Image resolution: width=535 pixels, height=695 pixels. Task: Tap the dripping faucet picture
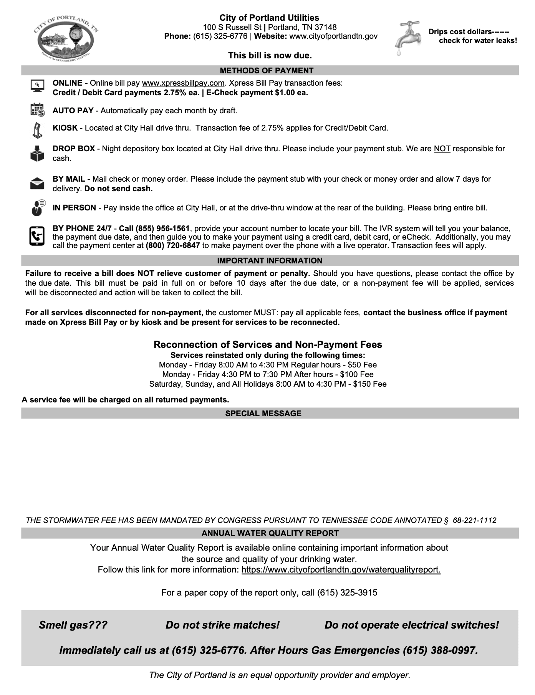pyautogui.click(x=407, y=38)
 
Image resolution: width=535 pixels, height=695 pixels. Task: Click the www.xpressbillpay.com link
pyautogui.click(x=183, y=83)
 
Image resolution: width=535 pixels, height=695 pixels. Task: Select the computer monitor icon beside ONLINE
pyautogui.click(x=37, y=85)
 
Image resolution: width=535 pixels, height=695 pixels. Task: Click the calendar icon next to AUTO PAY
pyautogui.click(x=37, y=110)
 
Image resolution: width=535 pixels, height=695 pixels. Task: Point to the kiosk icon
pyautogui.click(x=37, y=130)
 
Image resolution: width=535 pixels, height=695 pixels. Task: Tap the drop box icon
pyautogui.click(x=37, y=153)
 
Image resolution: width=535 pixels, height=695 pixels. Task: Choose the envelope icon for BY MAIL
pyautogui.click(x=37, y=184)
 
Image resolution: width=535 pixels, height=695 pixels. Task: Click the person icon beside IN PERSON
pyautogui.click(x=37, y=208)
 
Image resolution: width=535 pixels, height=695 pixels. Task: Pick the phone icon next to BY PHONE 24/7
pyautogui.click(x=37, y=236)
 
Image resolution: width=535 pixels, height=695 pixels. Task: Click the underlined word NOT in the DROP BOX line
pyautogui.click(x=442, y=149)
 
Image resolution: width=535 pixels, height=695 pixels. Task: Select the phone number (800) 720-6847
pyautogui.click(x=173, y=245)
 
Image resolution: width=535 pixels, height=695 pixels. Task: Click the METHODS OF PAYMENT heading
pyautogui.click(x=267, y=71)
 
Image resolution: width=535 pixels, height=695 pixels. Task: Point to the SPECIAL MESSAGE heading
pyautogui.click(x=263, y=414)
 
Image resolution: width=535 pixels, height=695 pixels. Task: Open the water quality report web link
pyautogui.click(x=341, y=569)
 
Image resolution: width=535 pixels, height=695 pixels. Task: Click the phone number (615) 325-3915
pyautogui.click(x=347, y=592)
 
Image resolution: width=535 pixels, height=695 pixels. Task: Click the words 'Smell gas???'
pyautogui.click(x=73, y=625)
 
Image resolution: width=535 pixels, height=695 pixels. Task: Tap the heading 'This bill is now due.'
pyautogui.click(x=270, y=55)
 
